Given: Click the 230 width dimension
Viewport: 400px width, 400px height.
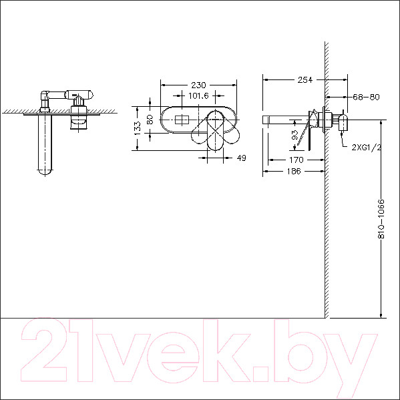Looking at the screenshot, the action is [198, 85].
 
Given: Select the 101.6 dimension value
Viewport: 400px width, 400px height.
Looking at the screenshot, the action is [198, 95].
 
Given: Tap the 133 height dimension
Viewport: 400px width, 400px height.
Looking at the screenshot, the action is [138, 128].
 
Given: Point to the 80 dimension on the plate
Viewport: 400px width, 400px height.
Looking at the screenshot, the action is [150, 120].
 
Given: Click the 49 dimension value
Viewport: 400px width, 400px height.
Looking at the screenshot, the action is [241, 158].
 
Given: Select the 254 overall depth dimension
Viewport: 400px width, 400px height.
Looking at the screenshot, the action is [305, 80].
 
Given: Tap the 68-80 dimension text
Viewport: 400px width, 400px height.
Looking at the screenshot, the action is [366, 97].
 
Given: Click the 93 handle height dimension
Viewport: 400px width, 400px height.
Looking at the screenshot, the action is [294, 135].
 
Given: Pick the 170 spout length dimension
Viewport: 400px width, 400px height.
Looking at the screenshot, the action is [296, 160].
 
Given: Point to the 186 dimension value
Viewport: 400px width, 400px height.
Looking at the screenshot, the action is [294, 171].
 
